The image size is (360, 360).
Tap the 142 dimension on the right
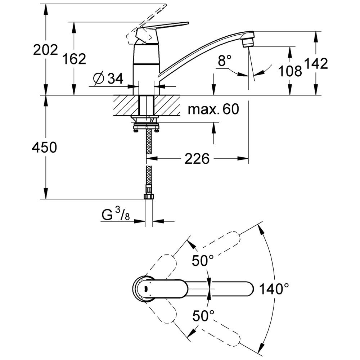click(x=316, y=64)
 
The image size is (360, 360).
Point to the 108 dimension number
click(x=290, y=71)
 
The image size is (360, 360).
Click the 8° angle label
click(x=225, y=61)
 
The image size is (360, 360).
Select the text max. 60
click(x=213, y=108)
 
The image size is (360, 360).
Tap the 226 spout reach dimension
click(x=197, y=158)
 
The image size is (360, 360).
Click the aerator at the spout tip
click(x=248, y=42)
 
